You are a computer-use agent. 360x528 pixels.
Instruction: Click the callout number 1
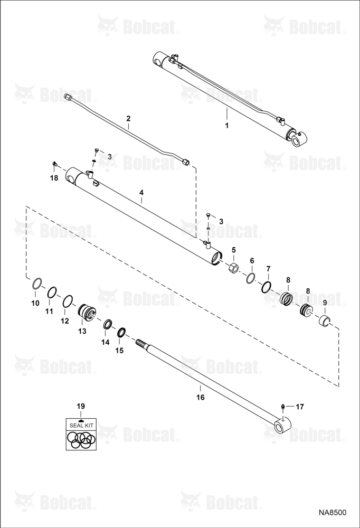226,125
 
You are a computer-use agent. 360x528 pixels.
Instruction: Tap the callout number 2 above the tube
128,118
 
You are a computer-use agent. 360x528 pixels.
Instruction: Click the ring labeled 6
250,278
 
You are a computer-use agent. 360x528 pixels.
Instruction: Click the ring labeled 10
37,284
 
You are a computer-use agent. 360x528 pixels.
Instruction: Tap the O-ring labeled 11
52,293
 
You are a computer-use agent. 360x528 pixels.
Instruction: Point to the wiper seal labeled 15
121,332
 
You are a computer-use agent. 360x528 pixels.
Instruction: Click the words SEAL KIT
81,425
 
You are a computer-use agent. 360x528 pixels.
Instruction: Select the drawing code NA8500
333,513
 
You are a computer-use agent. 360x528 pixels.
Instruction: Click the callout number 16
201,398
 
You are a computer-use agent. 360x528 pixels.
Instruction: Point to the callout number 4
141,192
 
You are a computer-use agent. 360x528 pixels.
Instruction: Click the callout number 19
81,406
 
